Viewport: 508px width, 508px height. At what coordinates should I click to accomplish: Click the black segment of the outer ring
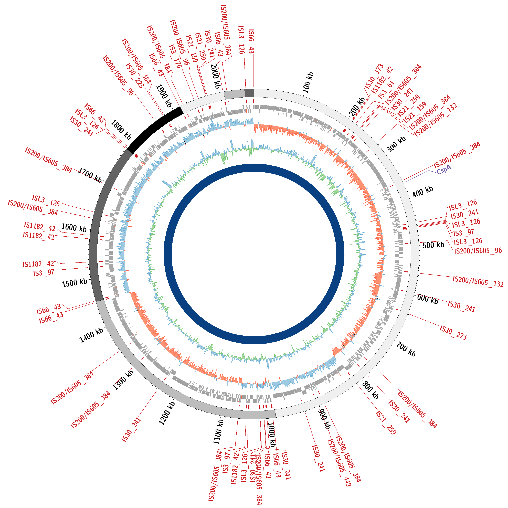click(x=155, y=126)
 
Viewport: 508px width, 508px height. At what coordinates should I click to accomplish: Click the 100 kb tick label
click(x=308, y=82)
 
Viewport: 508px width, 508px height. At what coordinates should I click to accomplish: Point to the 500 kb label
click(x=433, y=245)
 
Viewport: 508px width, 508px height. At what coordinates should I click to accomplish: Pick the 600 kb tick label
click(x=428, y=299)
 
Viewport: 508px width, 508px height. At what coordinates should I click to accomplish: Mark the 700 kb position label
click(x=406, y=349)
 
